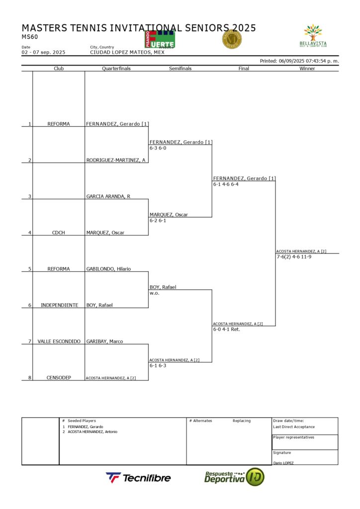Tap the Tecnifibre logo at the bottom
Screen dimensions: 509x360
pos(138,478)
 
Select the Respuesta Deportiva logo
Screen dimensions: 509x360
pos(234,477)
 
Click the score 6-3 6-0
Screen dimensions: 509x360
pos(158,148)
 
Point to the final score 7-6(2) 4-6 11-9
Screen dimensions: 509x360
pos(294,257)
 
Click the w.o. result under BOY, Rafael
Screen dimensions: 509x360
pos(154,293)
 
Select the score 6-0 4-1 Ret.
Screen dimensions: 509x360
pos(226,329)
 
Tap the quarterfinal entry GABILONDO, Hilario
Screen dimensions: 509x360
pos(108,269)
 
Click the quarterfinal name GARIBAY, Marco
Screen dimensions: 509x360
pos(104,341)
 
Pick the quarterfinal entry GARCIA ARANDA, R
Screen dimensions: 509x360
pos(108,196)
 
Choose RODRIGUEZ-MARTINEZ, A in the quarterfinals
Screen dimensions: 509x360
pos(116,160)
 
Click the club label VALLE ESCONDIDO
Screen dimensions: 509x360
pos(59,341)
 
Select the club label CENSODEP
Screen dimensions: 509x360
pos(59,378)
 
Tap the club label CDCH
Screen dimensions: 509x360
pos(59,233)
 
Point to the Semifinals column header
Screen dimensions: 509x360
pos(180,69)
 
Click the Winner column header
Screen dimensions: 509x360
pos(307,69)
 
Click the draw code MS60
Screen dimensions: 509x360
pos(30,36)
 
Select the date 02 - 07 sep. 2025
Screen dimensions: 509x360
pos(43,52)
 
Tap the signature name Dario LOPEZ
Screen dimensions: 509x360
pos(283,463)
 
